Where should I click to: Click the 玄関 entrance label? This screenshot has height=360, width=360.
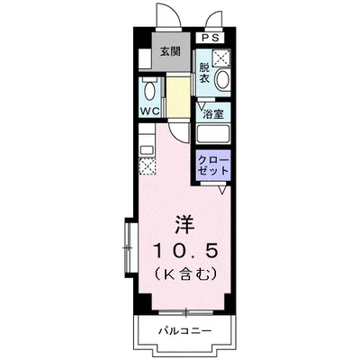tap(170, 51)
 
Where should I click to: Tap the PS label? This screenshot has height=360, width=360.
tap(209, 38)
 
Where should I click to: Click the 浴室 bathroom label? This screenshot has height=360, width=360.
tap(213, 114)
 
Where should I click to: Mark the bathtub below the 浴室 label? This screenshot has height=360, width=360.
tap(214, 136)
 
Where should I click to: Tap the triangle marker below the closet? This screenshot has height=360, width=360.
tap(222, 190)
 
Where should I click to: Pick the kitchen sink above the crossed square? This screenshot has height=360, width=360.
tap(147, 144)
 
